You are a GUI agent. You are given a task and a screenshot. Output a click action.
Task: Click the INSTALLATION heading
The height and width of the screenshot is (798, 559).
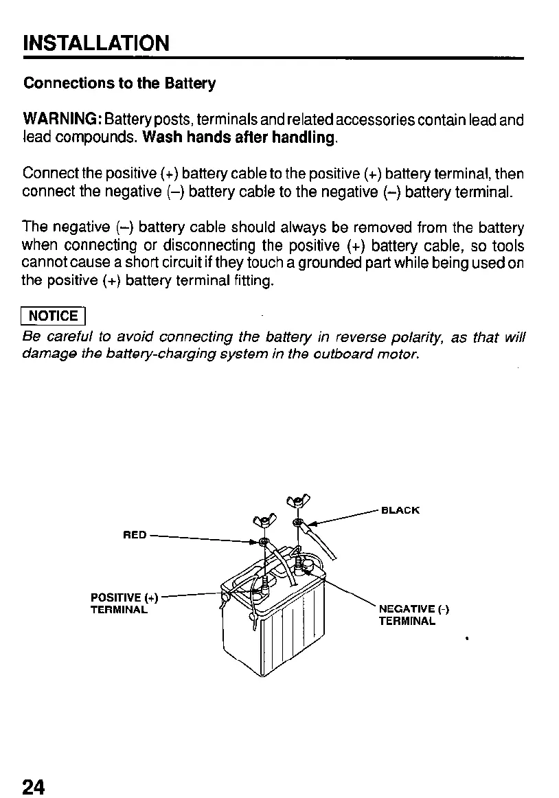pyautogui.click(x=95, y=43)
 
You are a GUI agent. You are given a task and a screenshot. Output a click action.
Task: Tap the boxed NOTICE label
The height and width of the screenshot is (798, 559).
pyautogui.click(x=54, y=315)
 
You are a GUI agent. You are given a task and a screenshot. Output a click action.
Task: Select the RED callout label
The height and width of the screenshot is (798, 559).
pyautogui.click(x=135, y=534)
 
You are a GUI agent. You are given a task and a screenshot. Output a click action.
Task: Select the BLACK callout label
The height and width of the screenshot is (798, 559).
pyautogui.click(x=400, y=510)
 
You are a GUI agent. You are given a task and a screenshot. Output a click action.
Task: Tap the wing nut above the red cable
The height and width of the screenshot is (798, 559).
pyautogui.click(x=264, y=520)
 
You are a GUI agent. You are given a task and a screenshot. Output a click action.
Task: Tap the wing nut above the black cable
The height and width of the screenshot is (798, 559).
pyautogui.click(x=297, y=499)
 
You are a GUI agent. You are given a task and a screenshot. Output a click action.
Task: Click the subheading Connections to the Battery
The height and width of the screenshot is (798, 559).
pyautogui.click(x=119, y=84)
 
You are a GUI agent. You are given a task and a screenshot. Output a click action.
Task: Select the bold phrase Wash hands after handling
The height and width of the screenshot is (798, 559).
pyautogui.click(x=240, y=137)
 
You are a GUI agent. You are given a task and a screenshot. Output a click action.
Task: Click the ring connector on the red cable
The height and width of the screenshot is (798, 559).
pyautogui.click(x=264, y=543)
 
